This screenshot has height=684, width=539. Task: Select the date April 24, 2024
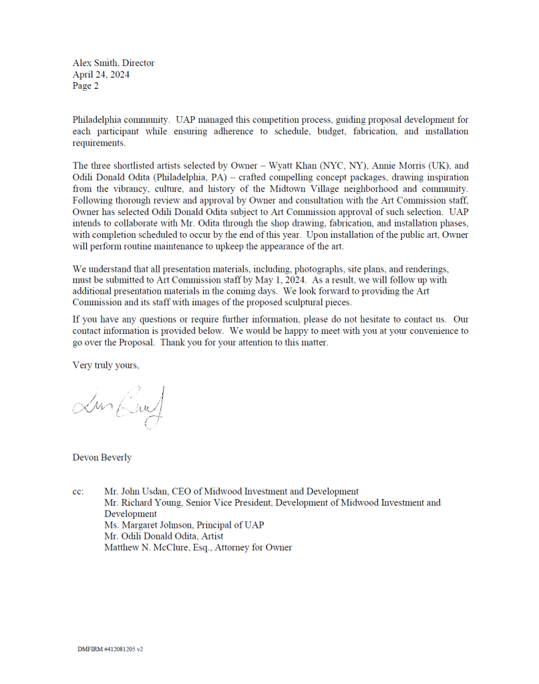pos(101,75)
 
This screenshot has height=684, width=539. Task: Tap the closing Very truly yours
pos(106,365)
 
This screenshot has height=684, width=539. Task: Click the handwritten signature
pos(120,405)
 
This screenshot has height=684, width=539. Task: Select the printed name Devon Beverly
pos(102,458)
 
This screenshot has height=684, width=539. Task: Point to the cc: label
pos(79,492)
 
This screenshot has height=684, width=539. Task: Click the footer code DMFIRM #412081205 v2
pos(110,649)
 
